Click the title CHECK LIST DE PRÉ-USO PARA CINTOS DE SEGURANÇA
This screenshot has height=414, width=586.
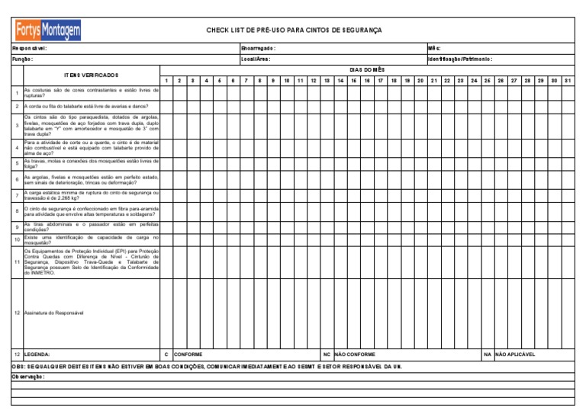point(294,30)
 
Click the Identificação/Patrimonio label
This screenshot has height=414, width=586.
point(460,59)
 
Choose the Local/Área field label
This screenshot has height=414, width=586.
point(256,59)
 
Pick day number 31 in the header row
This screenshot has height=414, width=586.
point(567,80)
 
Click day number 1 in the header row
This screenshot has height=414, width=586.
point(166,80)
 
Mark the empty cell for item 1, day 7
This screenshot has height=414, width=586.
point(246,93)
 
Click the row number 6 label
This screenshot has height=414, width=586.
point(17,179)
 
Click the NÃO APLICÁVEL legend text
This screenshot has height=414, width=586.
point(516,355)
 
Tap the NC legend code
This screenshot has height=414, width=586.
point(326,355)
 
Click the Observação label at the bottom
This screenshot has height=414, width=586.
point(28,377)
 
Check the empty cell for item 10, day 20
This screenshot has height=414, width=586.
point(420,239)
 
